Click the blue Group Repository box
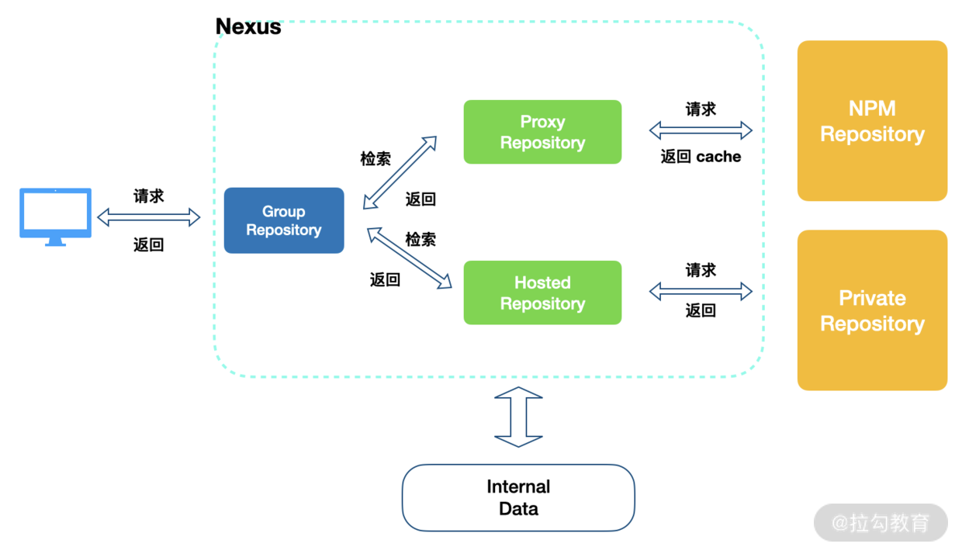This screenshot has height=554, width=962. pos(283,220)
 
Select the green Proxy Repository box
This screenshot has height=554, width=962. pos(542,132)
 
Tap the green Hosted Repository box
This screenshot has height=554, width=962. pos(542,293)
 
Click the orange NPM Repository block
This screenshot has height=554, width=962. pos(872,121)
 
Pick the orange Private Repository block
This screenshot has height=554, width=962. pos(872,310)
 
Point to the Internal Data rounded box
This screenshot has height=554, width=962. pos(518,497)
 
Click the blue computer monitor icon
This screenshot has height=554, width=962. pos(55,216)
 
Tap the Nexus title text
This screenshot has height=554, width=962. pos(248,26)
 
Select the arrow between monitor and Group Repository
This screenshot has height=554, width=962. pos(148,217)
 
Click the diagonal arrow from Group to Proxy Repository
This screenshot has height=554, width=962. pos(400,173)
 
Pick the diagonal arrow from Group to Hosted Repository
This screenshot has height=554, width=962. pos(410,258)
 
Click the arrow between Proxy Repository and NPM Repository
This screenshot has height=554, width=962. pos(701,130)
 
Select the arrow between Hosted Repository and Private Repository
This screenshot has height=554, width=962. pos(701,291)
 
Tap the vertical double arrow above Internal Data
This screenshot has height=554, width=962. pos(518,417)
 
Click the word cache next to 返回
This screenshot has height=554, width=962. pos(718,157)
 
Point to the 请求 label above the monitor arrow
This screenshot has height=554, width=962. pos(148,196)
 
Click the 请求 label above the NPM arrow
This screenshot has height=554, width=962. pos(701,109)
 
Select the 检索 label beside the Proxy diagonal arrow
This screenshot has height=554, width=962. pos(375,158)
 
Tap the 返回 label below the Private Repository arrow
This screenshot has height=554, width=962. pos(701,310)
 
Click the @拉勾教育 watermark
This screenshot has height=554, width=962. pos(881,523)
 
